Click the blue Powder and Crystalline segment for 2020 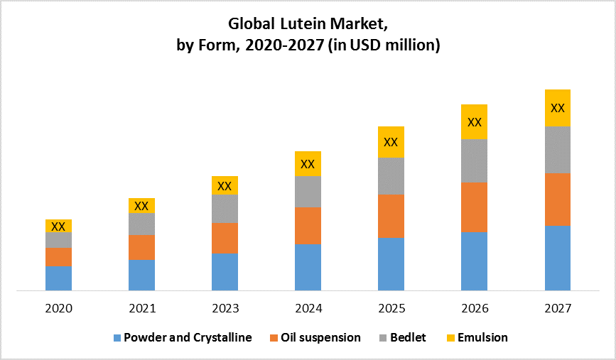pyautogui.click(x=58, y=278)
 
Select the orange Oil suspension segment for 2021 pyautogui.click(x=141, y=247)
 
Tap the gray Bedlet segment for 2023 pyautogui.click(x=225, y=208)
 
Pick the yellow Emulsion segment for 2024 pyautogui.click(x=308, y=163)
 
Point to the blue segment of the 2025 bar pyautogui.click(x=391, y=263)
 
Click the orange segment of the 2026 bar pyautogui.click(x=474, y=207)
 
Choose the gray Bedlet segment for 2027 pyautogui.click(x=558, y=149)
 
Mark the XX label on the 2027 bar pyautogui.click(x=558, y=108)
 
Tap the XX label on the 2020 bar pyautogui.click(x=58, y=227)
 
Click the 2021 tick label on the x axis pyautogui.click(x=141, y=309)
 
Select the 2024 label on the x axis pyautogui.click(x=308, y=309)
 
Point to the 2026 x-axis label pyautogui.click(x=474, y=309)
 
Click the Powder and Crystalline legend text pyautogui.click(x=188, y=337)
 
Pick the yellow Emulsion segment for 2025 pyautogui.click(x=391, y=142)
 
